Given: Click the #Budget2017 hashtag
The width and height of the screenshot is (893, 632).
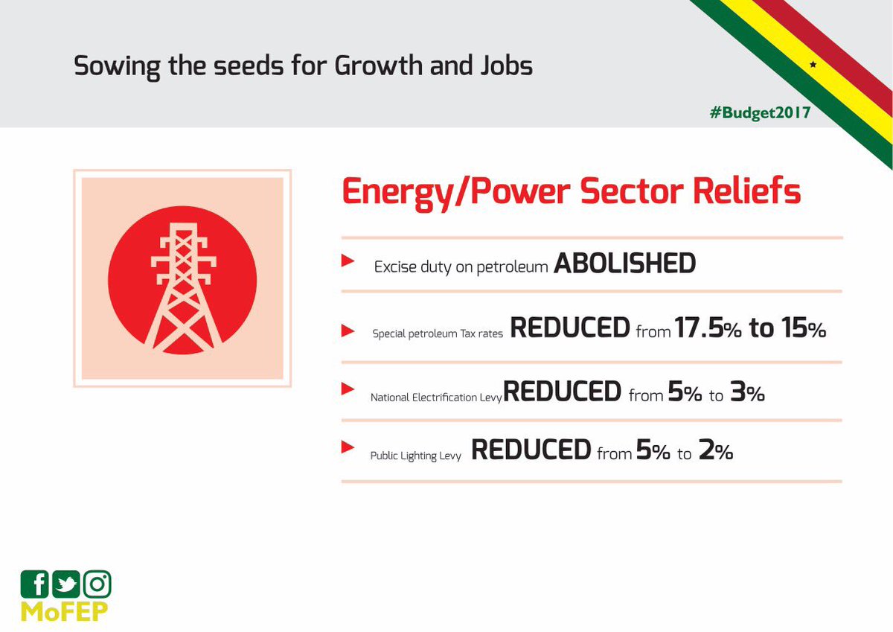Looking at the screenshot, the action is pos(760,113).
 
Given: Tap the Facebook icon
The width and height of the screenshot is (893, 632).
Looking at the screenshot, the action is pos(34,584).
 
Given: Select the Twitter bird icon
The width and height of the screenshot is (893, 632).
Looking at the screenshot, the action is pos(65,584).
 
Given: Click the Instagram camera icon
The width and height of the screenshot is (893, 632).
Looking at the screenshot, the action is pos(97,584).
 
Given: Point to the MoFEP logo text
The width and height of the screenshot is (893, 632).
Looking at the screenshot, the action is pos(64,612).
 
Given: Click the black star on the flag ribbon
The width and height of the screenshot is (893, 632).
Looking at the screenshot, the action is pos(813,64).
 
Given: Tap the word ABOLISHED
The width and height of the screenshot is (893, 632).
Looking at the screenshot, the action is pos(624,264).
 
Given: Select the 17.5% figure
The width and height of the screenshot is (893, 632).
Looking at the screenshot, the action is pos(708,328).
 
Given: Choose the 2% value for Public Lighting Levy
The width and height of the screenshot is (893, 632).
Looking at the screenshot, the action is pos(716,450).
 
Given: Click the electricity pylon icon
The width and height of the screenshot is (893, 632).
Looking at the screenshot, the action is pos(183,288).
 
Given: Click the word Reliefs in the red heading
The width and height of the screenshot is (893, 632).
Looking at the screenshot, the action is pos(746,191).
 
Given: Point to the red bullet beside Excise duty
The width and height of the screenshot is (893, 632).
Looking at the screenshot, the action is pos(348,261).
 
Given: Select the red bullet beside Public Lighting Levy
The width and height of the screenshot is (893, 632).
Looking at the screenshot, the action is pos(348,447).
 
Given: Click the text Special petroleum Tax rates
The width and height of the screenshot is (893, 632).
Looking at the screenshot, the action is pos(438,333).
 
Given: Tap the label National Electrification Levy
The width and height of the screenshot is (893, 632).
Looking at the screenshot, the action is pos(436,398).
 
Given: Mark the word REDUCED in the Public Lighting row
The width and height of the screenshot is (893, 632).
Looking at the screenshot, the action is pos(531,450).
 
